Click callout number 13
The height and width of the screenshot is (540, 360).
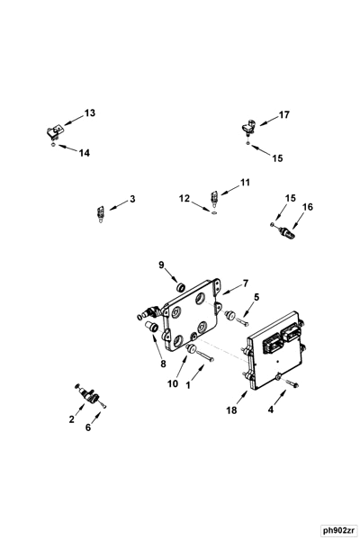(89, 113)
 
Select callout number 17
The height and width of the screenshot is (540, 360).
(283, 114)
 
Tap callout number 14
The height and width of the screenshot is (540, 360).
(84, 153)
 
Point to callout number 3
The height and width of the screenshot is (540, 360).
(132, 198)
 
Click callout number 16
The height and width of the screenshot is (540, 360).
(307, 207)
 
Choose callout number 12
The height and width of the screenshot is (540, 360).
(184, 197)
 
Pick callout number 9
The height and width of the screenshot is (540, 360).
(162, 265)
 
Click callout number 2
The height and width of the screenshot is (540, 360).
(71, 419)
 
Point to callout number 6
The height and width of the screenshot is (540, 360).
(87, 427)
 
